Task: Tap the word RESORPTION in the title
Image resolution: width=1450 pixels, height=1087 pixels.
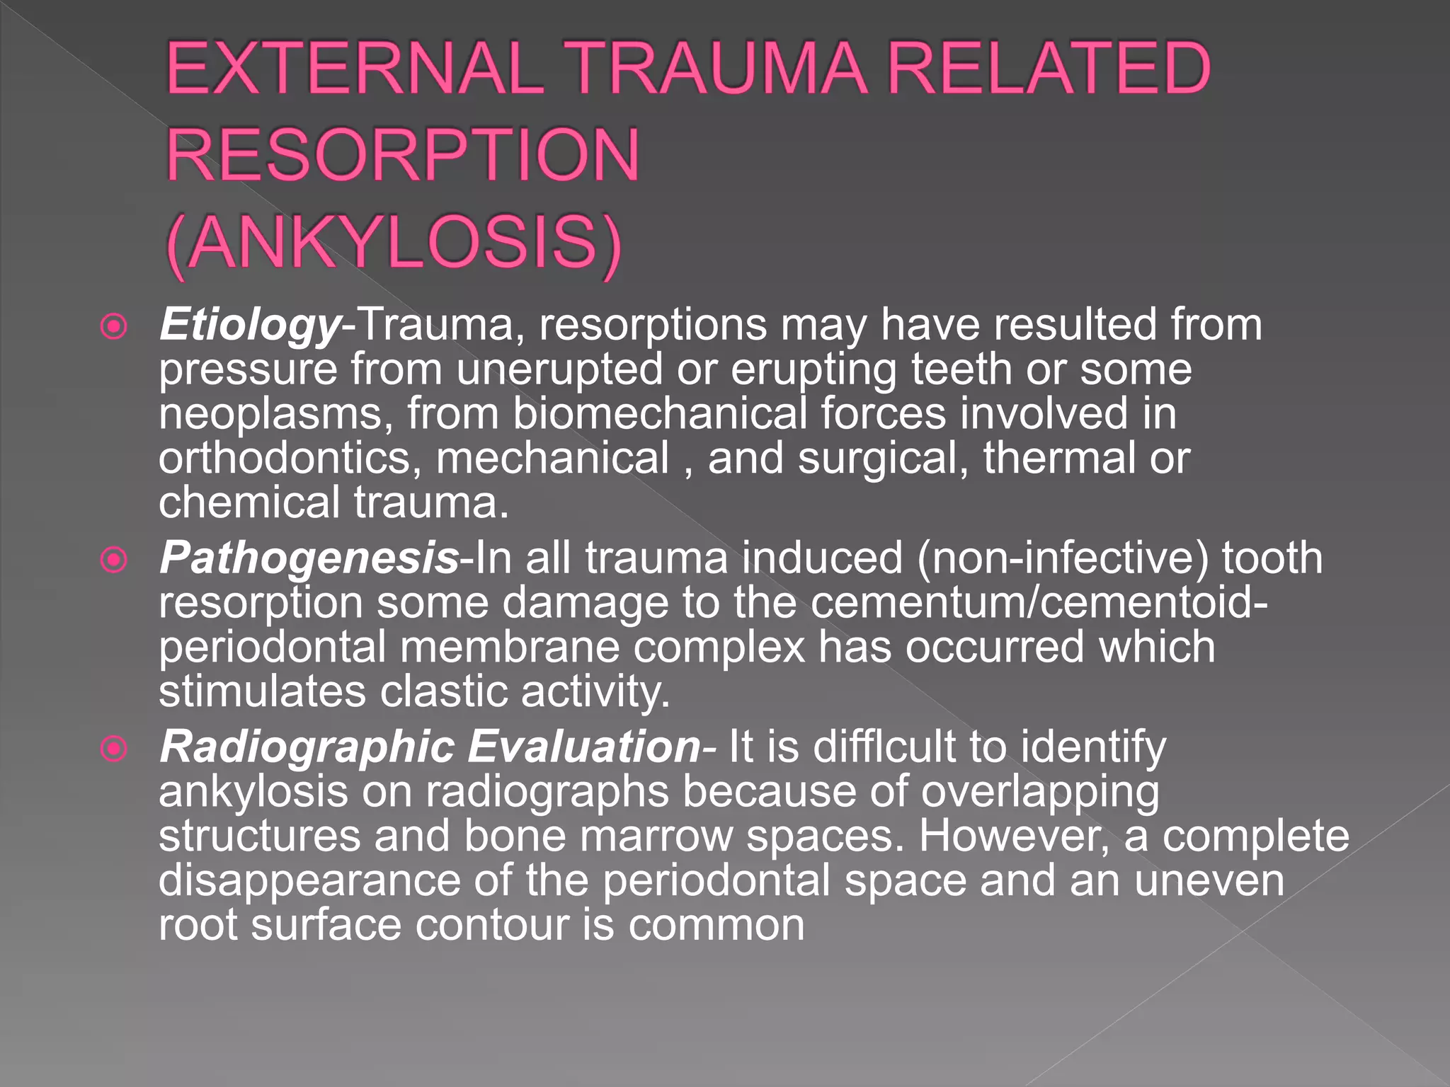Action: pos(403,154)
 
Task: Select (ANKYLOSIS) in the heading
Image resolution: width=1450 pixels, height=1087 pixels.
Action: pos(394,242)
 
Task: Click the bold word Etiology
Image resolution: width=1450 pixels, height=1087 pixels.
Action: pos(250,326)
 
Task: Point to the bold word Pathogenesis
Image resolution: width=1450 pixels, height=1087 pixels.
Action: pos(309,558)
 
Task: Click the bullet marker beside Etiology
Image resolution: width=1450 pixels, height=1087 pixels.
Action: pos(114,327)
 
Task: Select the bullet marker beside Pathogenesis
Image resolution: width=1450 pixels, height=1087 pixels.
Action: pos(114,560)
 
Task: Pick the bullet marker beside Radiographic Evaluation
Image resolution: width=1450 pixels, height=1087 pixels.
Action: pos(114,749)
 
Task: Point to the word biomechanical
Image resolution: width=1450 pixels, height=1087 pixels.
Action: pos(659,414)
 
